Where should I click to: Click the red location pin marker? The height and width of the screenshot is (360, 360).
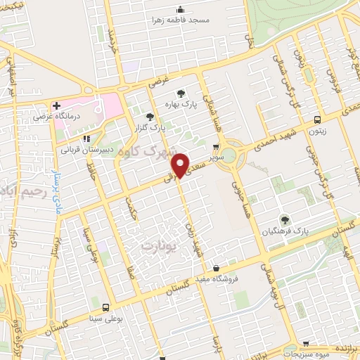(181, 165)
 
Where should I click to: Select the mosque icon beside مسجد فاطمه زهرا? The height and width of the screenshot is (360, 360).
(180, 9)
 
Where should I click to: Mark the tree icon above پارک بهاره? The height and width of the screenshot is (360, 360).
(182, 93)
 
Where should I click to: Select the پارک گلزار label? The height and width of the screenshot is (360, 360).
(149, 128)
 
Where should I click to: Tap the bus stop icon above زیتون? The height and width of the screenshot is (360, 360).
(318, 120)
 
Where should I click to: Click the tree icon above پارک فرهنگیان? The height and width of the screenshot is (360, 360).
(285, 219)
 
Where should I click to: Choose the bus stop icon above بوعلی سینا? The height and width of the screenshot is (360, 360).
(105, 307)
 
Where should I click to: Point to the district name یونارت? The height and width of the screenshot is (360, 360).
(155, 246)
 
